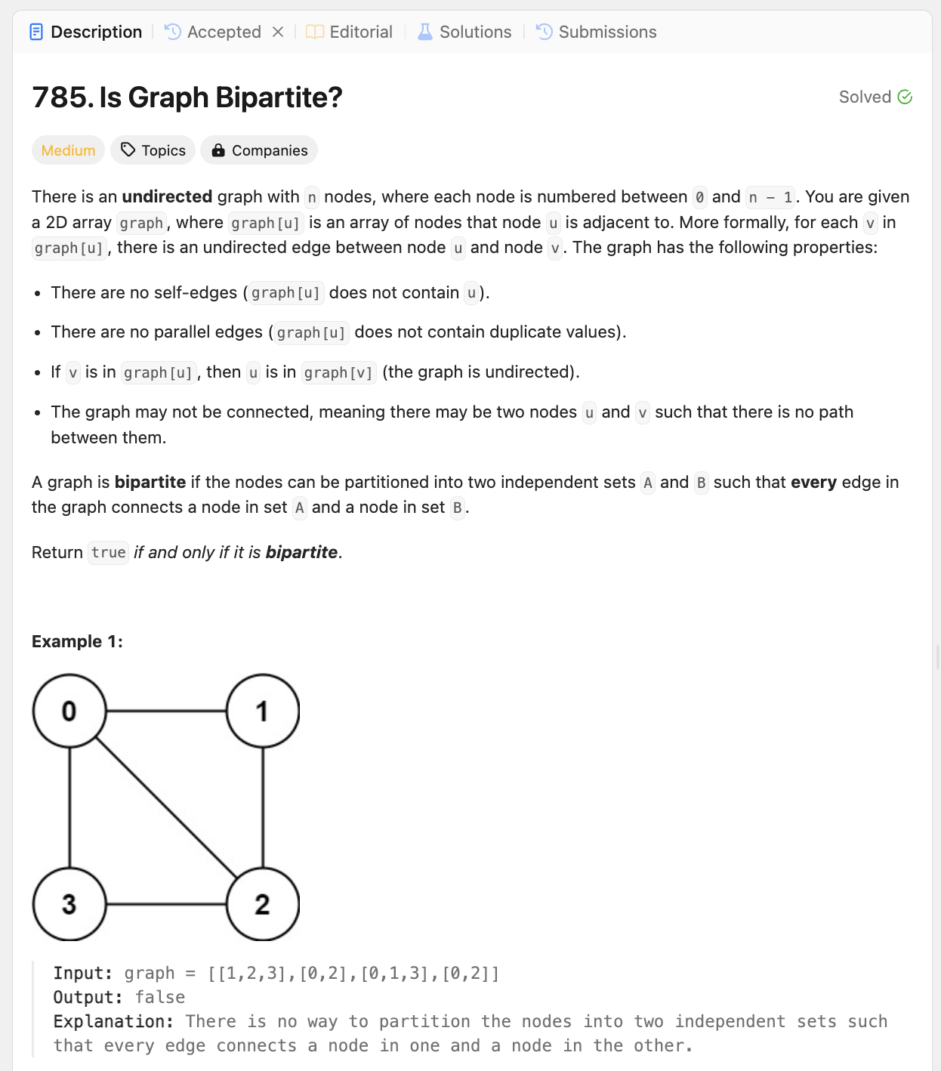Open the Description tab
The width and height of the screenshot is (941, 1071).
[85, 32]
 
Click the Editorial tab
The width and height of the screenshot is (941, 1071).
[350, 32]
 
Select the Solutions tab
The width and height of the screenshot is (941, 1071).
[464, 32]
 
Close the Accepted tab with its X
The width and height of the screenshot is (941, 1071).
[278, 32]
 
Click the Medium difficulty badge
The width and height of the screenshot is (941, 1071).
[68, 150]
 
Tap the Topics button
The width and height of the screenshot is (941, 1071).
[153, 150]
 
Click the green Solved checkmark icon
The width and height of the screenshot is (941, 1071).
[905, 97]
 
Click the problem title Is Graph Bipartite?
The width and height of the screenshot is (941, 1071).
[187, 97]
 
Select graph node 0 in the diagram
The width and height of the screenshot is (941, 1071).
[69, 711]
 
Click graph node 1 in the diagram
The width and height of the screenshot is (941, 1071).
[263, 711]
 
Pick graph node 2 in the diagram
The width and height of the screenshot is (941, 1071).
[263, 904]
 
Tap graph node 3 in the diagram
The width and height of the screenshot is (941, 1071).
[69, 904]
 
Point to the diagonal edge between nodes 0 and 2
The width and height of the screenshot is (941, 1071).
[166, 807]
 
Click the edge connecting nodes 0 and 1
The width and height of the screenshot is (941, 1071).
[166, 711]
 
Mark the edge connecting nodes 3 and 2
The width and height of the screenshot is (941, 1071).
[166, 904]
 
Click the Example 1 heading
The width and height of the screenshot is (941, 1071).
[77, 641]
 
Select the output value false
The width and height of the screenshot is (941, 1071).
[160, 997]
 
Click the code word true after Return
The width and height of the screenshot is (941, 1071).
[108, 552]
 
